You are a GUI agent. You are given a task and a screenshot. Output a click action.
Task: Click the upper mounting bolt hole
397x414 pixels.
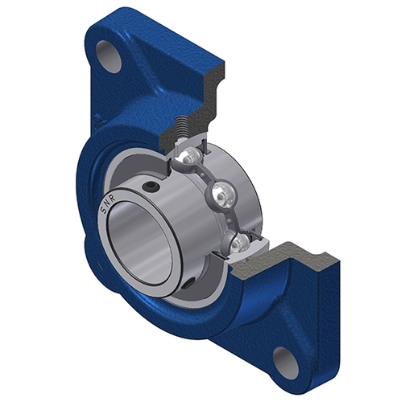[x=108, y=52]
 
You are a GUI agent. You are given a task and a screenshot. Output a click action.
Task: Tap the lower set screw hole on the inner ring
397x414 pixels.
[x=186, y=284]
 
